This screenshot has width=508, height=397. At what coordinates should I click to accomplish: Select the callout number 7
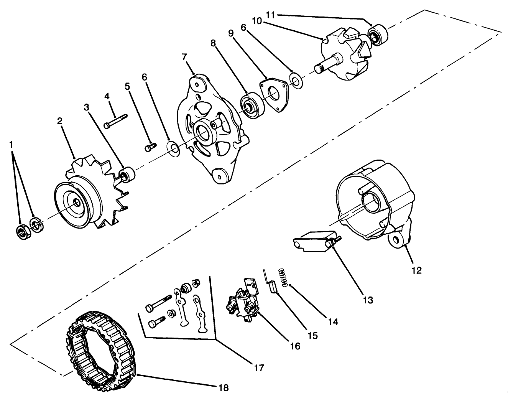[x=184, y=57]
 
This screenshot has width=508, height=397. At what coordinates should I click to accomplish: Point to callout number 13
[x=368, y=300]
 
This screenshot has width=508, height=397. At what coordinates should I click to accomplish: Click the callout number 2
[x=60, y=121]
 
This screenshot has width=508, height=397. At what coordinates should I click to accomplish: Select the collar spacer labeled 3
[x=127, y=175]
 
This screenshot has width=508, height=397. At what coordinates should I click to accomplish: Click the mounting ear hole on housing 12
[x=395, y=240]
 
